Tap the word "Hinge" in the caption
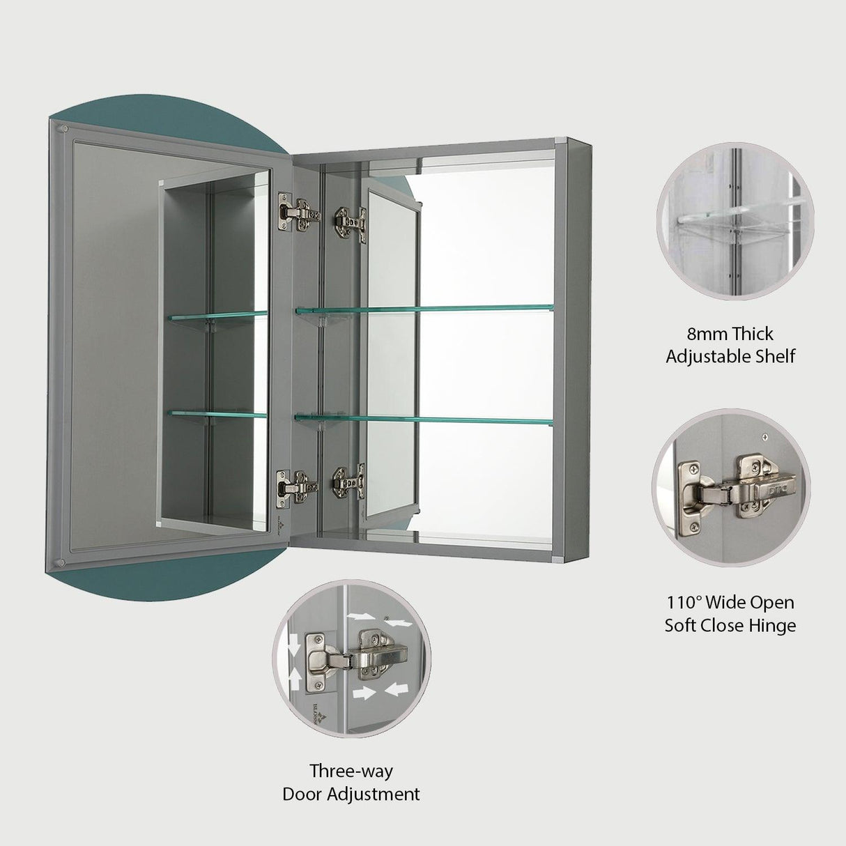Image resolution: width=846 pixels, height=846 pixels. (771, 625)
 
